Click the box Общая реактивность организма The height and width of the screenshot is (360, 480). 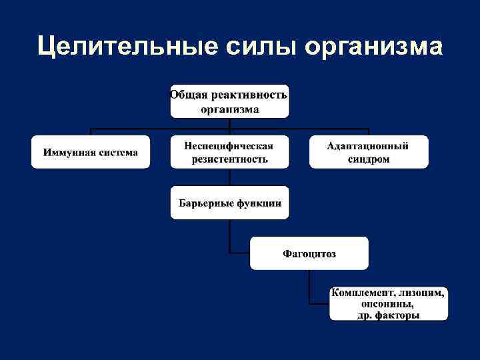(x=229, y=101)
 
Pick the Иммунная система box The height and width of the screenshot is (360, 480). (x=91, y=152)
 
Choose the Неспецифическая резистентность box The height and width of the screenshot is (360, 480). (x=229, y=152)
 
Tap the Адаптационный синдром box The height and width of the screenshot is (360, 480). (x=368, y=152)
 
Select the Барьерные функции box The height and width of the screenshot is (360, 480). (x=229, y=203)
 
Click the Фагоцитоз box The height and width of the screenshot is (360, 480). (x=309, y=253)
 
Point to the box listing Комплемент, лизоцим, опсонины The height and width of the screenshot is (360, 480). (x=388, y=304)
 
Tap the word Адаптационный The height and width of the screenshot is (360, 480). (x=368, y=146)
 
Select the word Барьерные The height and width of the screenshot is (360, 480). (x=203, y=203)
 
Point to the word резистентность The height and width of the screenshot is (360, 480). (x=229, y=159)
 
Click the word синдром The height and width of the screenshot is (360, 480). (x=368, y=159)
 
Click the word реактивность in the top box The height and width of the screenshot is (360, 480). (x=247, y=95)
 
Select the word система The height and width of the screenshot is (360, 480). (x=115, y=153)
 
